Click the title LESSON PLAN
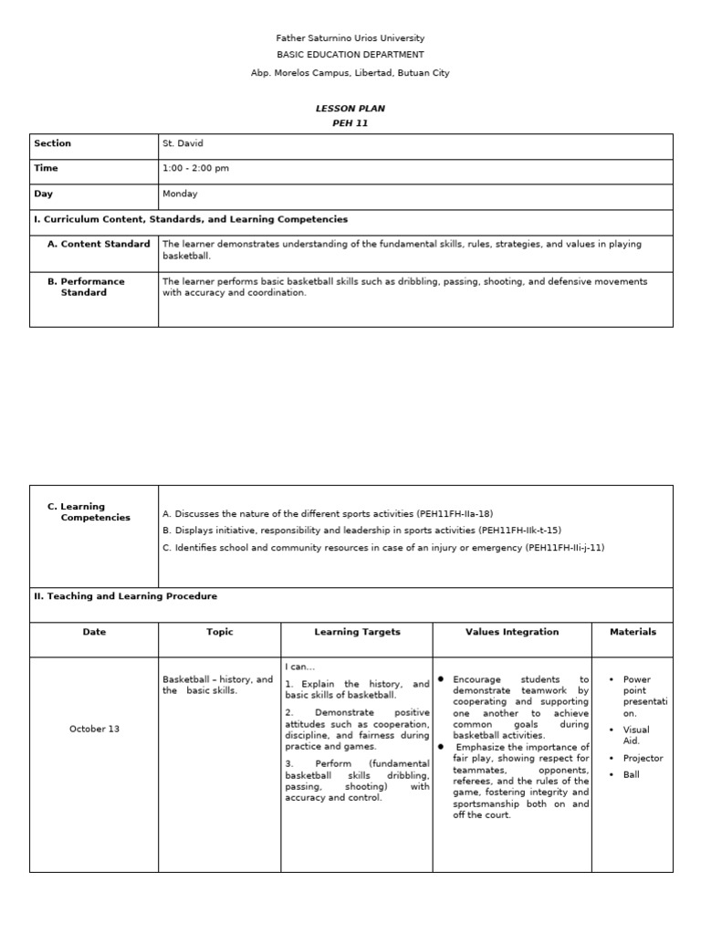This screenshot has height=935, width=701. [x=350, y=109]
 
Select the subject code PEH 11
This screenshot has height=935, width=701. [x=350, y=123]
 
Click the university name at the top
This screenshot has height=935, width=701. [x=350, y=38]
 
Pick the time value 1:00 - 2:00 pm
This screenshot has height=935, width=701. [x=195, y=168]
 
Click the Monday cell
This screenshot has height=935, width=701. [x=180, y=194]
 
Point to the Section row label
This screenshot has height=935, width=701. [x=52, y=143]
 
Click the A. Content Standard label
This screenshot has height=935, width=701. [x=99, y=244]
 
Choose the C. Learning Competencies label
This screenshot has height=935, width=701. [x=89, y=511]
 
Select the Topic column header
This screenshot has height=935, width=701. [x=219, y=632]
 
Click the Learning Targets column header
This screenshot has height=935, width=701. [x=357, y=632]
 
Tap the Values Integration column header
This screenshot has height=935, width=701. [x=512, y=632]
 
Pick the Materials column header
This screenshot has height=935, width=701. [x=633, y=632]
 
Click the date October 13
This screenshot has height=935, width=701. [x=94, y=729]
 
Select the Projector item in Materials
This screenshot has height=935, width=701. [x=643, y=758]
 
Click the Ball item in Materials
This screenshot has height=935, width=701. [x=631, y=774]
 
